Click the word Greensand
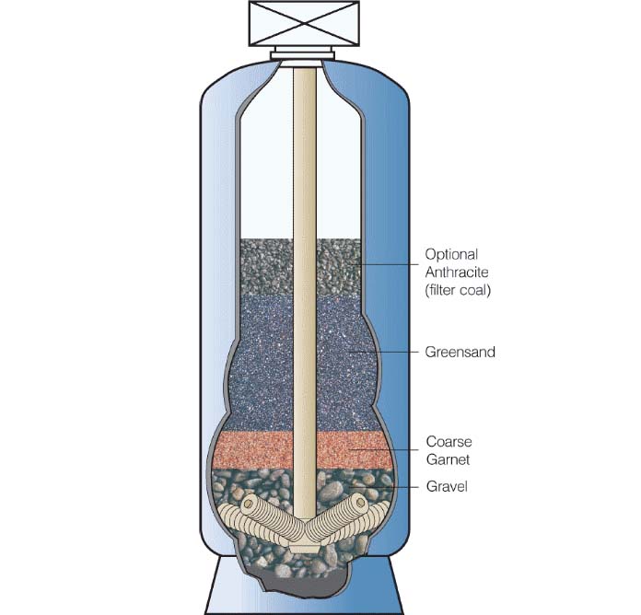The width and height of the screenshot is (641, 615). click(460, 352)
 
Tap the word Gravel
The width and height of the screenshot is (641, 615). click(447, 486)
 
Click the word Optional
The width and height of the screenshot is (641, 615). click(452, 253)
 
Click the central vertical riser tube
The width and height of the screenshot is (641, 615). click(304, 184)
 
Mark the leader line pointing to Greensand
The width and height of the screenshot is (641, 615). click(387, 352)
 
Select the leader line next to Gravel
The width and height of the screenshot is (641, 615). click(387, 486)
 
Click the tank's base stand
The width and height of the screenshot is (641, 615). click(304, 594)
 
